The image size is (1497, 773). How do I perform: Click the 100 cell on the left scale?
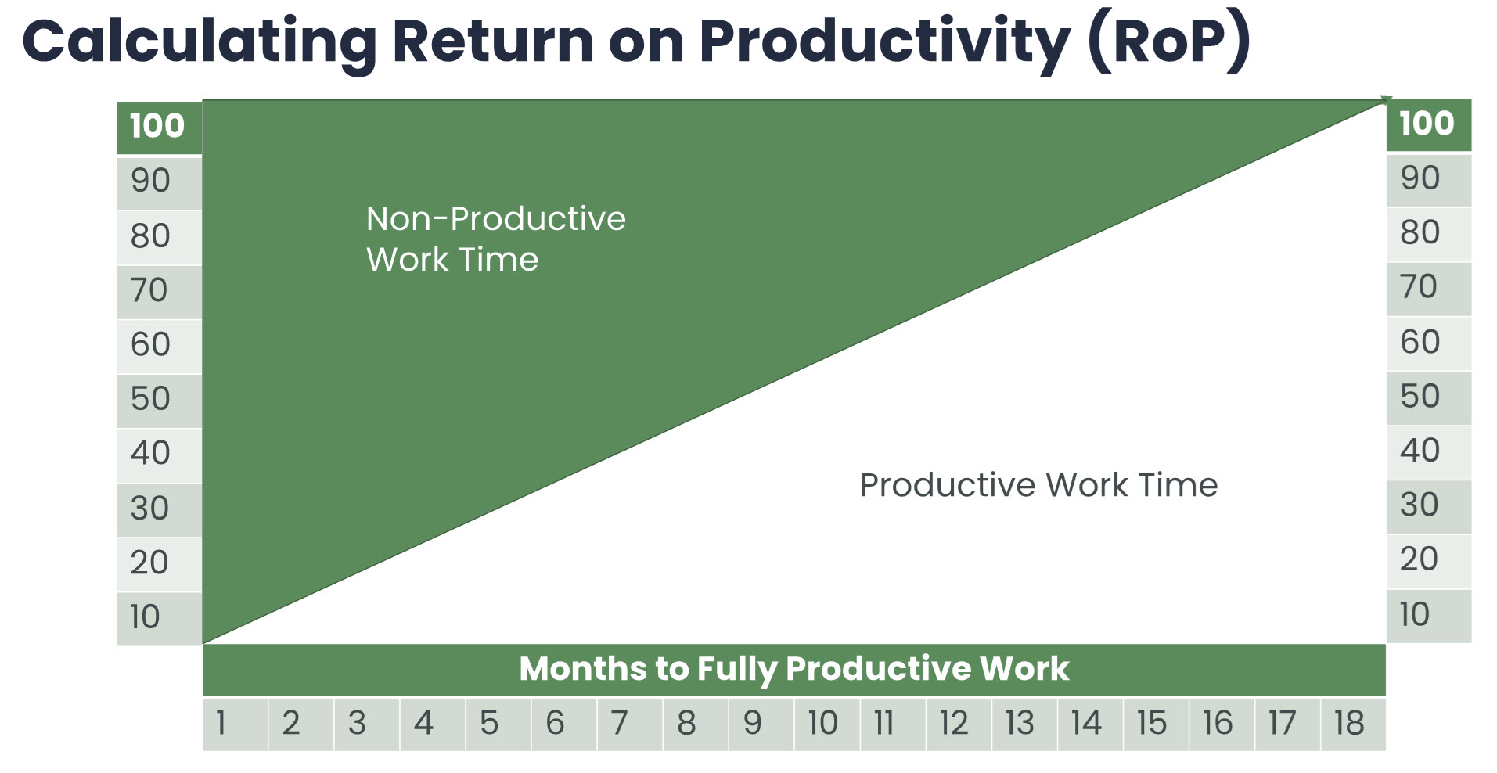pos(160,128)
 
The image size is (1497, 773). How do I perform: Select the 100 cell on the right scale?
pos(1429,125)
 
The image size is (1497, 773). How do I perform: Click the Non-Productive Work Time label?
pos(496,239)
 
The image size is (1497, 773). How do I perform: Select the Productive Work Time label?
pos(1038,486)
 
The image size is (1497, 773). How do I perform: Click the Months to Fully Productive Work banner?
pos(794,670)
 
